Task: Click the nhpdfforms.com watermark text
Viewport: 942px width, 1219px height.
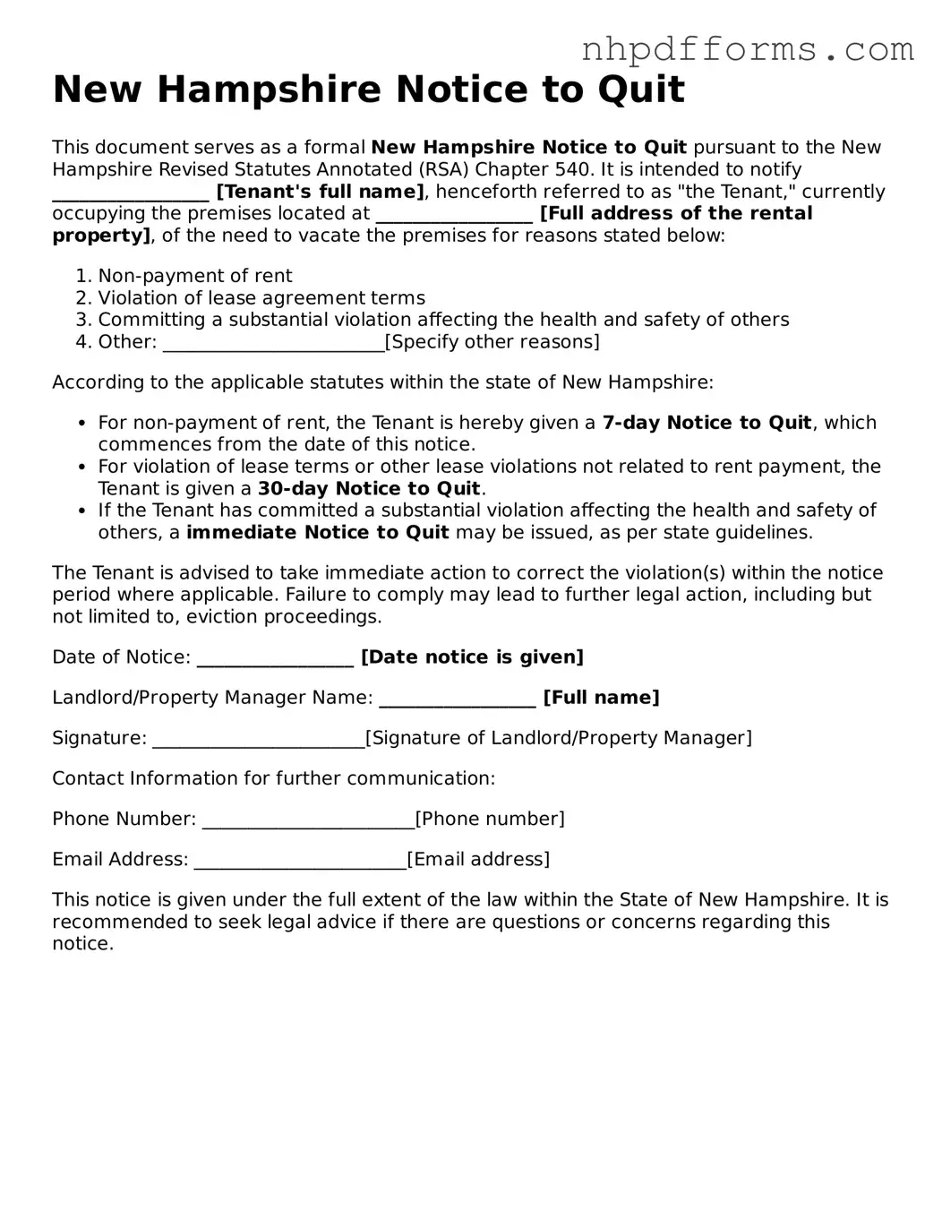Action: tap(748, 50)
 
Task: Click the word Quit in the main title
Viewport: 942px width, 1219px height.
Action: tap(644, 90)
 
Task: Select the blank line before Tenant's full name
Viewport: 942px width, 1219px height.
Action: tap(131, 192)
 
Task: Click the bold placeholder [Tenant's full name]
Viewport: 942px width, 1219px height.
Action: tap(320, 192)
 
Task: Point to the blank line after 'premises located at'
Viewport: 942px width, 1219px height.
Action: tap(454, 214)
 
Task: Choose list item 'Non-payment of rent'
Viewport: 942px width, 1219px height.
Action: tap(194, 276)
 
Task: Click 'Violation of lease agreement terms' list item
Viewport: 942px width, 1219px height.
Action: tap(261, 298)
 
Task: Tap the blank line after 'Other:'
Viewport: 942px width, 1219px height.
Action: tap(273, 342)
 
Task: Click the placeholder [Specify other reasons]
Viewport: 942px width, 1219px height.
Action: tap(492, 342)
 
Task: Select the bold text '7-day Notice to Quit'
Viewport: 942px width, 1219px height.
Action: tap(706, 423)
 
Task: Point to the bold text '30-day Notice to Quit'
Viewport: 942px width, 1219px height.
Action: tap(369, 488)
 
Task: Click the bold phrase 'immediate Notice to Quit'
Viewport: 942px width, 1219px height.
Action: tap(317, 532)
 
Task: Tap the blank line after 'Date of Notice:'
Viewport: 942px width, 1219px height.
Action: tap(275, 657)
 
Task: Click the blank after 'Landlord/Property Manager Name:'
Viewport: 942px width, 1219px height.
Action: tap(457, 698)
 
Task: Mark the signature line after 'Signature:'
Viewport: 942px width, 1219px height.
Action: tap(258, 738)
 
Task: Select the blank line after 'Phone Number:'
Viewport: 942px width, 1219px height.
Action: tap(308, 819)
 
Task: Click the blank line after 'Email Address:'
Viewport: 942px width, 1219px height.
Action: tap(300, 860)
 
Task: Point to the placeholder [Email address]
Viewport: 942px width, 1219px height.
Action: tap(478, 860)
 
